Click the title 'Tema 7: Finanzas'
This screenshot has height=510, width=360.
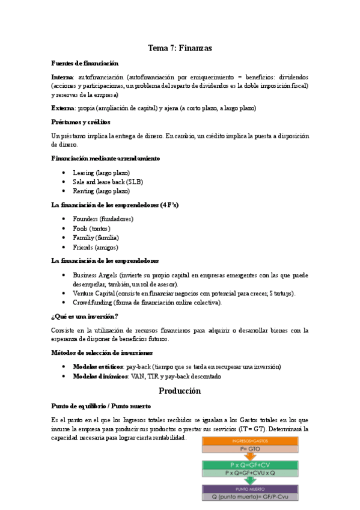coord(180,48)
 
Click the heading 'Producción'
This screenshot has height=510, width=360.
coord(180,391)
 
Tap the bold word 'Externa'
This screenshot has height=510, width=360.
coord(63,108)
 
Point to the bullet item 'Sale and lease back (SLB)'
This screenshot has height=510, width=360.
coord(108,182)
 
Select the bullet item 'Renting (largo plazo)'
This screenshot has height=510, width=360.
coord(101,191)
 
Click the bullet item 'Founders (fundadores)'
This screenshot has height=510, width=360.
coord(103,219)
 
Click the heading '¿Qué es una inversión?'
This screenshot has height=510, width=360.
coord(85,316)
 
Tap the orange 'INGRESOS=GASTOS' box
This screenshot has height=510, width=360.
coord(249,441)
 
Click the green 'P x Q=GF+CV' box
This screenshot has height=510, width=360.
coord(249,464)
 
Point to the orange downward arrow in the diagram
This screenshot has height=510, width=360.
coord(249,455)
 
